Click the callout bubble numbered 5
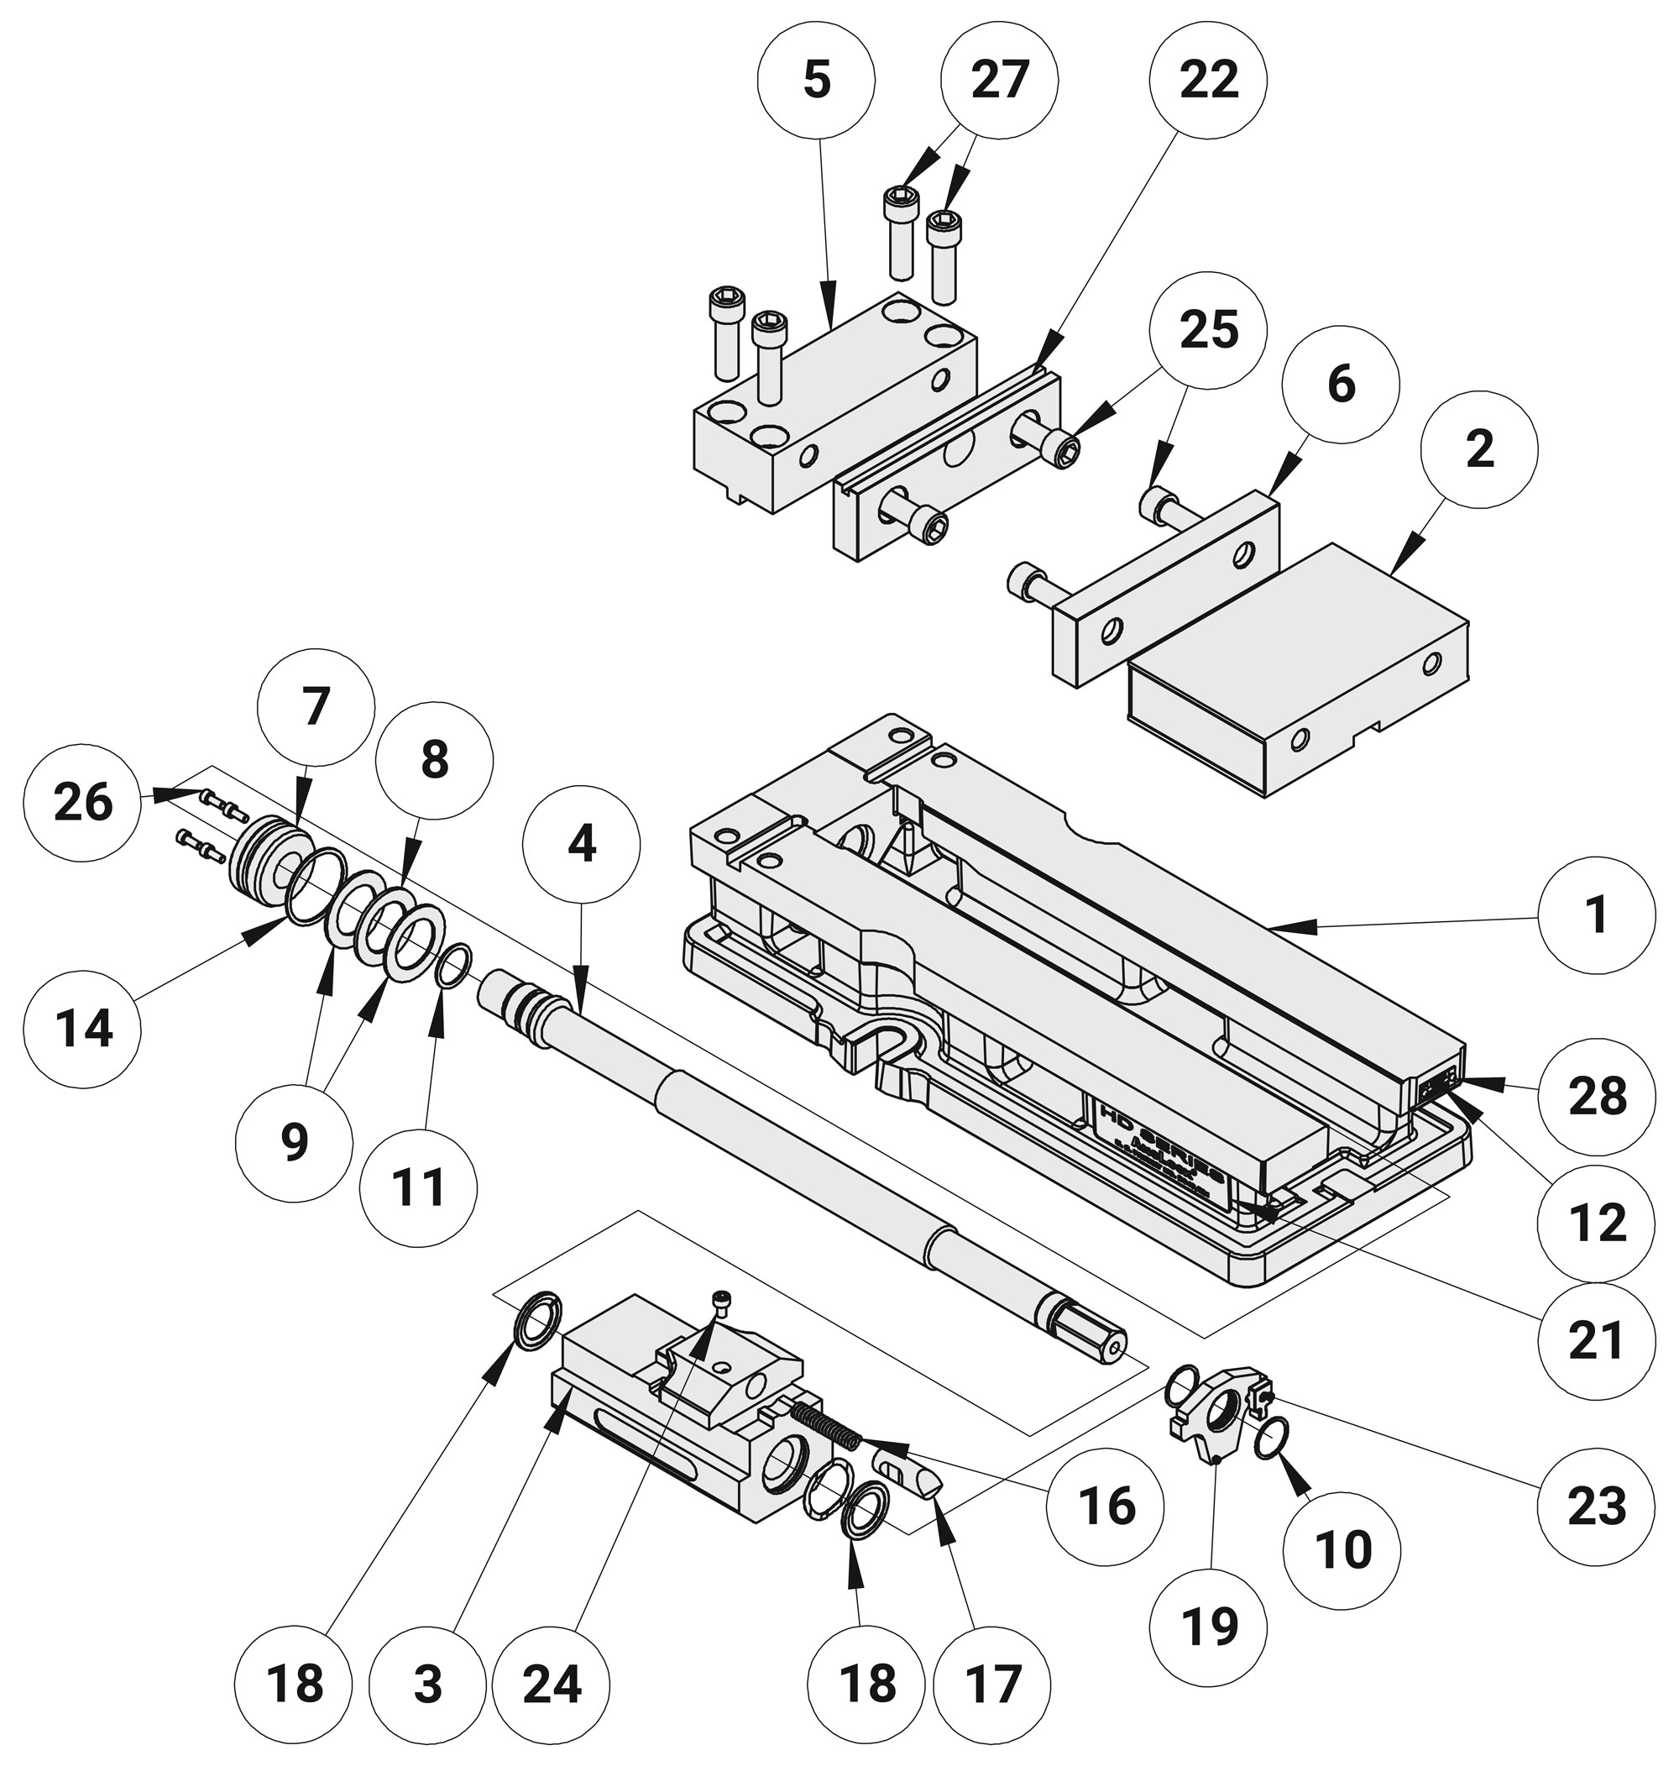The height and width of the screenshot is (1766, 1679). pyautogui.click(x=815, y=81)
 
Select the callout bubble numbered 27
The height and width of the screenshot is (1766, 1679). pyautogui.click(x=1000, y=81)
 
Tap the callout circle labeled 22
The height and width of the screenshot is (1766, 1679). pyautogui.click(x=1208, y=81)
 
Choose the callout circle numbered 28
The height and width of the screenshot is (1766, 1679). pyautogui.click(x=1596, y=1096)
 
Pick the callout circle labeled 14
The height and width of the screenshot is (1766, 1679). pyautogui.click(x=83, y=1028)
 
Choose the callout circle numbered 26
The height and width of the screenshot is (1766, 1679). pyautogui.click(x=83, y=801)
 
